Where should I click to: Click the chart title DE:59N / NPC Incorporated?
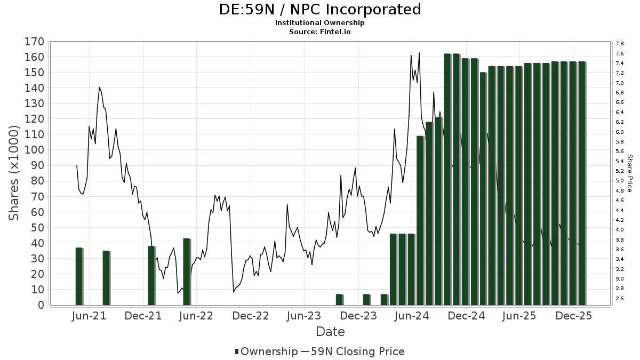(x=320, y=10)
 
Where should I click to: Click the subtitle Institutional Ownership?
(x=320, y=23)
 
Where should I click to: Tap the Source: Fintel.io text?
(x=320, y=31)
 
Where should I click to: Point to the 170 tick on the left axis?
(x=34, y=42)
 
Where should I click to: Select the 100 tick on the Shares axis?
(x=34, y=150)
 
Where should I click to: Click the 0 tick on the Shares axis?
(x=40, y=305)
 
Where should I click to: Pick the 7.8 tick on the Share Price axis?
(x=620, y=44)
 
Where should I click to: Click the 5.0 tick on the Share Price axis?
(x=620, y=181)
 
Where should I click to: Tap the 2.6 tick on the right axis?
(x=620, y=298)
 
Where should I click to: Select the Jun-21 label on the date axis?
(x=89, y=316)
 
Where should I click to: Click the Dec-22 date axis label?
(x=251, y=316)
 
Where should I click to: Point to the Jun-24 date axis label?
(x=412, y=316)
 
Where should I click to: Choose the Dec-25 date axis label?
(x=574, y=316)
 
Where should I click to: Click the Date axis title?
(x=330, y=332)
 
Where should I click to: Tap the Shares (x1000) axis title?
(x=14, y=173)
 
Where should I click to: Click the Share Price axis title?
(x=630, y=173)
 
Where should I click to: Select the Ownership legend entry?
(x=266, y=351)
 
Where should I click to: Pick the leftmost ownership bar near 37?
(x=79, y=276)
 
